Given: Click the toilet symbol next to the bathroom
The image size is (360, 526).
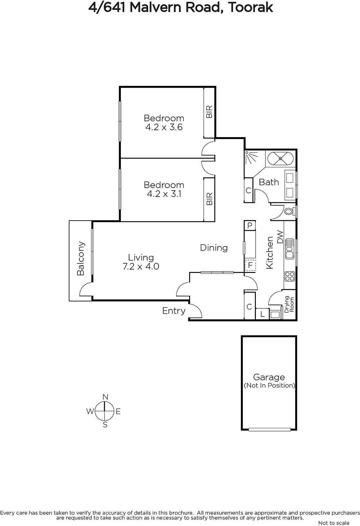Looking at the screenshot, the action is [289, 211].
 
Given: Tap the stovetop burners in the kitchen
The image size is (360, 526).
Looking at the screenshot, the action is [290, 276].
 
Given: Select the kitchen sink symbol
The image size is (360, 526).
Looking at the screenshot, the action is [290, 249].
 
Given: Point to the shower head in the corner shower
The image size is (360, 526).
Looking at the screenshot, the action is [247, 153].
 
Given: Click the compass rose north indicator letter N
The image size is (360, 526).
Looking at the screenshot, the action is [105, 397].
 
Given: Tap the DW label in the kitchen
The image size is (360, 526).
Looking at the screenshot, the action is [280, 237].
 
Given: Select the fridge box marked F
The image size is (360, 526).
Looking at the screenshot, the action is [250, 266].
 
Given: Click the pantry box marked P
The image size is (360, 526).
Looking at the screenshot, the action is [250, 226].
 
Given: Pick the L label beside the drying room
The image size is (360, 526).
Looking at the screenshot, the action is [262, 314].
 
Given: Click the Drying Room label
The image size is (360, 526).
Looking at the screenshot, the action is [289, 304].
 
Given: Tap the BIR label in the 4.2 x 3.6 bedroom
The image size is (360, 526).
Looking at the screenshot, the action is [209, 112].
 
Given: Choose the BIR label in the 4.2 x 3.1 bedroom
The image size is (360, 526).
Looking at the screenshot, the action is [209, 199].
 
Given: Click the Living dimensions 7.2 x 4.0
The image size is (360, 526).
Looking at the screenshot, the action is [141, 267].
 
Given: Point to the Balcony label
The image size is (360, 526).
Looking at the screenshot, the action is [80, 258].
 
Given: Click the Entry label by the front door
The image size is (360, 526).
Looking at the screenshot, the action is [174, 311].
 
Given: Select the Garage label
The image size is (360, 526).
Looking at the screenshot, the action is [269, 377].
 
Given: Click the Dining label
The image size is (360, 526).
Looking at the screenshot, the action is [214, 248].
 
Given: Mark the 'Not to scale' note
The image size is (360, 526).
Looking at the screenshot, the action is [334, 523].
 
